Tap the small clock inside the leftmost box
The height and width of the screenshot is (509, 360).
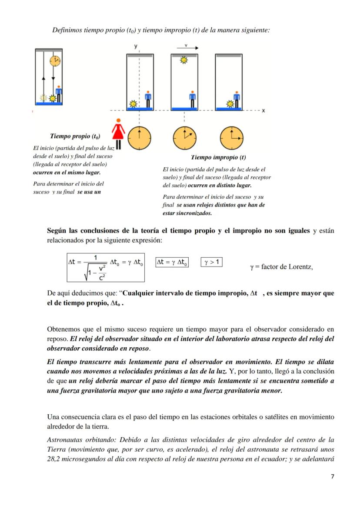(x=55, y=61)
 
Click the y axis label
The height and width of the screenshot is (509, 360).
(x=136, y=46)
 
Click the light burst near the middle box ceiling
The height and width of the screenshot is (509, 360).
(x=183, y=60)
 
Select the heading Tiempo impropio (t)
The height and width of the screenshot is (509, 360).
(x=218, y=157)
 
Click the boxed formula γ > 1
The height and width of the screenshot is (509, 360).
(x=212, y=262)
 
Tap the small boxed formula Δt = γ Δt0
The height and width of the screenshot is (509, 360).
(x=172, y=262)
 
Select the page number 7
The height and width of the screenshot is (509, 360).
(x=332, y=476)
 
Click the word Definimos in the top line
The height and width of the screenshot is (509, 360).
(x=67, y=30)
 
